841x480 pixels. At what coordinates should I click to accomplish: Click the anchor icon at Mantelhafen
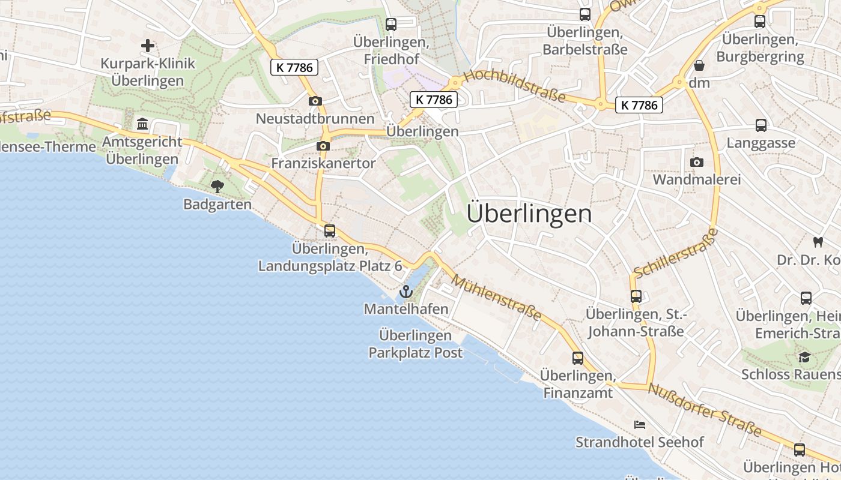coord(407,292)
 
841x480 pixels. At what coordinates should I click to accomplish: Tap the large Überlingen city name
coord(529,214)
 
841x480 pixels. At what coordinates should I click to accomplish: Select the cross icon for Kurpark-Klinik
coord(147,46)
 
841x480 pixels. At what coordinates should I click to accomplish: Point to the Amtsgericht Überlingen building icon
coord(143,124)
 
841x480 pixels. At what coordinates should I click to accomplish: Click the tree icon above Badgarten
coord(217,187)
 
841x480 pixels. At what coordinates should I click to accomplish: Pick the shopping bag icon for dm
coord(699,65)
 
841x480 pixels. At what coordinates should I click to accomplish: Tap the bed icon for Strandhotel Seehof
coord(640,425)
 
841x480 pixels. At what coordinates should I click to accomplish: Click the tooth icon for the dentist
coord(817,242)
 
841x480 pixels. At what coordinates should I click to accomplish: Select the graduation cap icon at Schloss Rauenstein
coord(804,357)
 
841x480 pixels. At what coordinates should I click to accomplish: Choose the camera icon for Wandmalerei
coord(697,162)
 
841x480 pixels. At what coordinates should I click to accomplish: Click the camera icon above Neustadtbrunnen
coord(315,101)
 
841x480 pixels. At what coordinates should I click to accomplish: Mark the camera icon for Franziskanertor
coord(323,146)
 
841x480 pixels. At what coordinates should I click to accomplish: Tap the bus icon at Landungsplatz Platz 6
coord(329,230)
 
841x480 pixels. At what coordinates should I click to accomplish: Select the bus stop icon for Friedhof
coord(391,25)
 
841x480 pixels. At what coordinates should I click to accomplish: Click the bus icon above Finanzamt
coord(578,358)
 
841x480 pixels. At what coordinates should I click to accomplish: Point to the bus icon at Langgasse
coord(761,125)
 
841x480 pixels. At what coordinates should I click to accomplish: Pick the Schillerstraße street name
coord(676,253)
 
